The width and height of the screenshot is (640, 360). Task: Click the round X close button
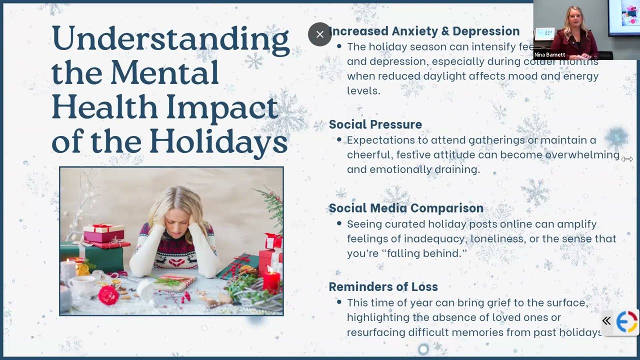pyautogui.click(x=320, y=34)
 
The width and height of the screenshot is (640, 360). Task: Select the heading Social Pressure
pyautogui.click(x=375, y=124)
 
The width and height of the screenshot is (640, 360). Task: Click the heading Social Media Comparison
pyautogui.click(x=405, y=208)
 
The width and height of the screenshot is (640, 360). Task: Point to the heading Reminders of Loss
pyautogui.click(x=383, y=286)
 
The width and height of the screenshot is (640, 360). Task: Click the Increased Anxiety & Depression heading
pyautogui.click(x=425, y=31)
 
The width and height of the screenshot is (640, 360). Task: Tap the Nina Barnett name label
pyautogui.click(x=549, y=54)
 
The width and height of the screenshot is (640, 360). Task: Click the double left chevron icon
pyautogui.click(x=606, y=321)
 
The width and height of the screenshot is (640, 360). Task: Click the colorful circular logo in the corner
pyautogui.click(x=626, y=321)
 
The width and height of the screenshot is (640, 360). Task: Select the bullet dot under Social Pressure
pyautogui.click(x=339, y=140)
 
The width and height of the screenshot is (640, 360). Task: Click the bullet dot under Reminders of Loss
pyautogui.click(x=339, y=302)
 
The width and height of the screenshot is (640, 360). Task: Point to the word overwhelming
pyautogui.click(x=582, y=155)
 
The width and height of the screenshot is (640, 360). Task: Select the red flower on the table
pyautogui.click(x=108, y=295)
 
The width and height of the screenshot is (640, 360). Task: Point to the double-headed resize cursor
pyautogui.click(x=627, y=159)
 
